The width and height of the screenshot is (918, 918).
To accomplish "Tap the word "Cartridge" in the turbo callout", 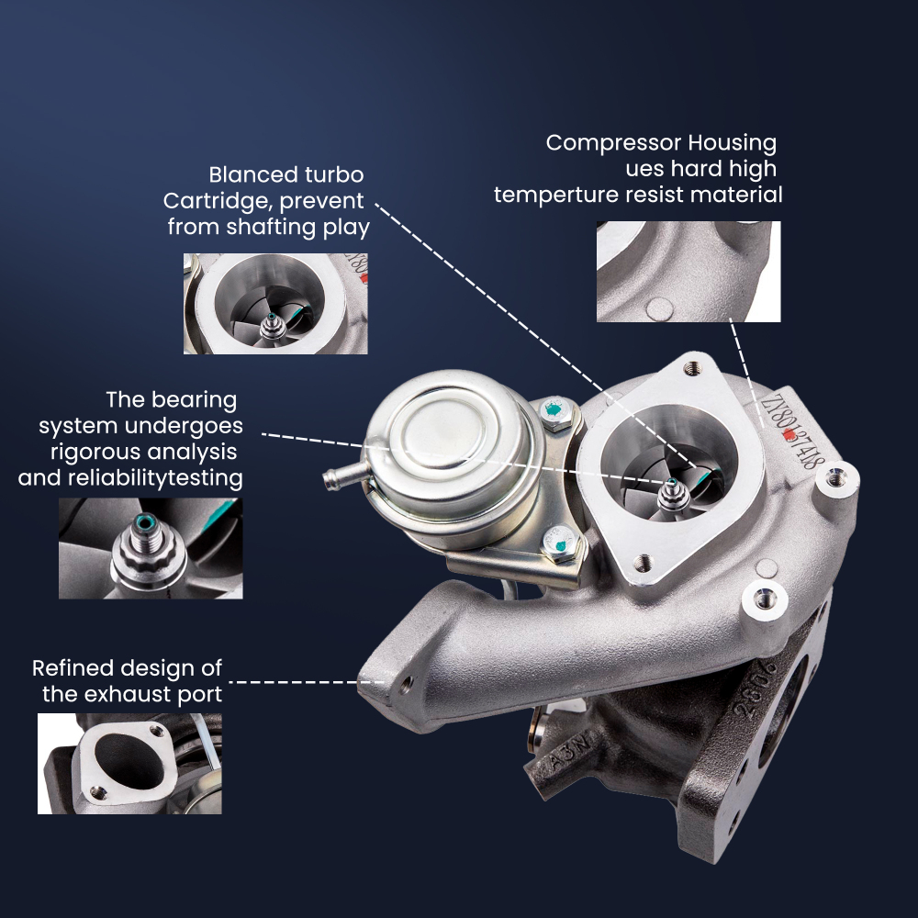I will (x=210, y=200).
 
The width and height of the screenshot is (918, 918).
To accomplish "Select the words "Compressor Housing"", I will (x=661, y=143).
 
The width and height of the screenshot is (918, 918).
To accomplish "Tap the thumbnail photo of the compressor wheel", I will (x=275, y=303).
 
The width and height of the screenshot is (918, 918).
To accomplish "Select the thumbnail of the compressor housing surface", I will (x=688, y=271).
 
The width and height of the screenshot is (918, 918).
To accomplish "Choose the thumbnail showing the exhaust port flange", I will (x=129, y=763).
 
